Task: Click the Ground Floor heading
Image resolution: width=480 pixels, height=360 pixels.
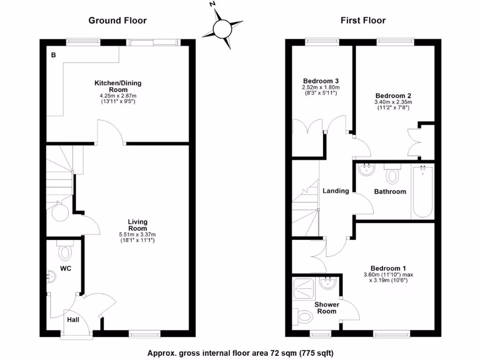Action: pos(118,20)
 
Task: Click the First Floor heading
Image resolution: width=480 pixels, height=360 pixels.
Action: pos(363,20)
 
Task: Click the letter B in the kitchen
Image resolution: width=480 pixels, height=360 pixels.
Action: pos(53,55)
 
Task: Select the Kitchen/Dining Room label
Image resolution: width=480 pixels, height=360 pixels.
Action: pos(118,86)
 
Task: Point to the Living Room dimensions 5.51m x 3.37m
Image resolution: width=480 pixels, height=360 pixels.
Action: pos(138,234)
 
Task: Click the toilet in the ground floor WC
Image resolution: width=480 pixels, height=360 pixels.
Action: pos(65,252)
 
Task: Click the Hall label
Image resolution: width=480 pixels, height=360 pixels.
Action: pos(73,320)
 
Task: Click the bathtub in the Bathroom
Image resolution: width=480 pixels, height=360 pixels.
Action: pos(422,191)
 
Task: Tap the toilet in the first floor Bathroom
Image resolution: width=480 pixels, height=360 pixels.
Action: pos(392,174)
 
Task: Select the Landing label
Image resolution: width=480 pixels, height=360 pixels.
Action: pos(336,191)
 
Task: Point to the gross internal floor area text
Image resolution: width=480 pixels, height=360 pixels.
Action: pos(240,352)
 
